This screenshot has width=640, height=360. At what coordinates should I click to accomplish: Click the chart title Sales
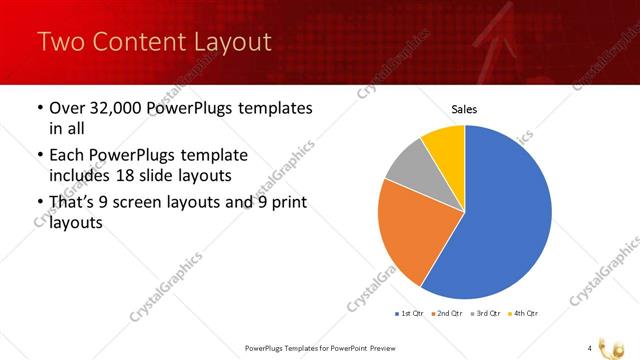click(465, 108)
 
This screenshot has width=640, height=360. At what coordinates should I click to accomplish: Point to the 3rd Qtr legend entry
click(487, 313)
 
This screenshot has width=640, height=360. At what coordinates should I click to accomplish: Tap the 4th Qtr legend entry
click(523, 313)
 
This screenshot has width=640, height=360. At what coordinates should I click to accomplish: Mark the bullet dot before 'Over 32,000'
click(39, 108)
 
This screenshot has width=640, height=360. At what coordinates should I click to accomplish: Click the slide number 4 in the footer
click(590, 347)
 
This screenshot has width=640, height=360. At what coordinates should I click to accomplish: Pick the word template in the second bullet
click(213, 156)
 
